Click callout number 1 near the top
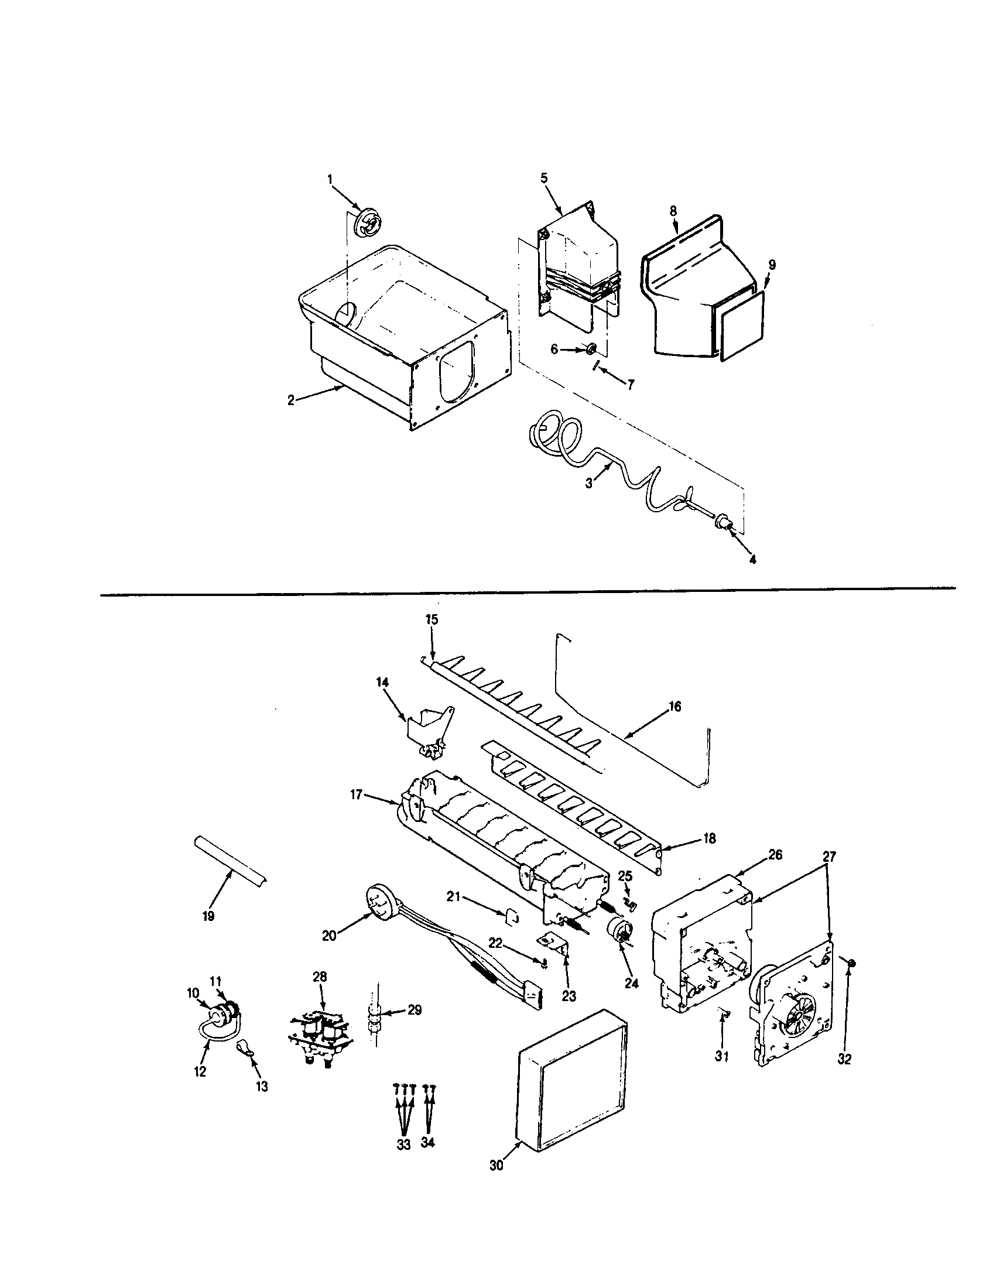330,177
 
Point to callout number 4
752,559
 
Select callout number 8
673,211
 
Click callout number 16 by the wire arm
675,706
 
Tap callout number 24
631,984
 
